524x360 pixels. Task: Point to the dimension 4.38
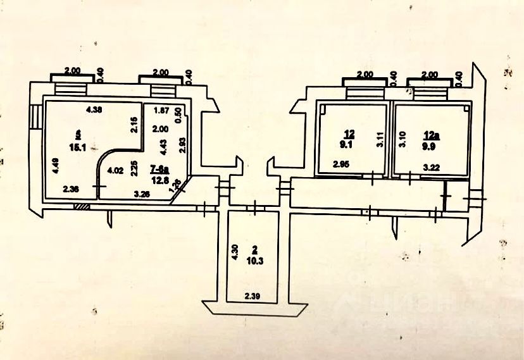click(x=94, y=109)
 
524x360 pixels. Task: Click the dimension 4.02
click(x=115, y=170)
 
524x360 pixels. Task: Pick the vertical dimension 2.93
click(x=181, y=146)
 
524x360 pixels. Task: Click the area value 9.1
click(x=349, y=144)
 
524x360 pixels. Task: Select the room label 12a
click(x=430, y=134)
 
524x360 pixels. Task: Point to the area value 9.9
click(x=430, y=144)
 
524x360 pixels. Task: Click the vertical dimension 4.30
click(x=235, y=253)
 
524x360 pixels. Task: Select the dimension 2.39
click(x=253, y=296)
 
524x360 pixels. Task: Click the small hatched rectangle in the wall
click(x=80, y=206)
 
